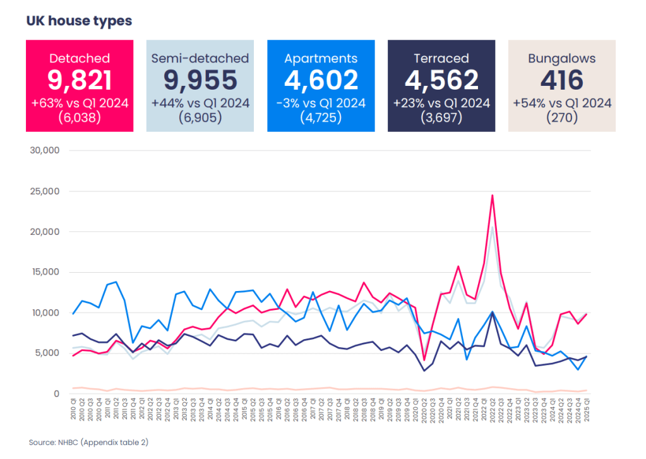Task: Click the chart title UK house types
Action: (79, 21)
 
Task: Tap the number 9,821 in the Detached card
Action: (80, 80)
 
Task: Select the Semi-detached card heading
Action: (200, 58)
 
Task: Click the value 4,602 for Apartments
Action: (321, 80)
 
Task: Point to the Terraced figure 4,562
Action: (441, 80)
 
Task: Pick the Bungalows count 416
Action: (562, 80)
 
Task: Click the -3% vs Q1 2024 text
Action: (321, 103)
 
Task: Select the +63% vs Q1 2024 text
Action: (80, 103)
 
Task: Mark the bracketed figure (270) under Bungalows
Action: (562, 117)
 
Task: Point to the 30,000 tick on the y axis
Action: (45, 150)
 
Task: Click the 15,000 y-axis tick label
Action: (45, 272)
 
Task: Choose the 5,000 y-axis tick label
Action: (47, 353)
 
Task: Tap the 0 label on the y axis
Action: (56, 393)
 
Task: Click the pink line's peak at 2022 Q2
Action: (492, 195)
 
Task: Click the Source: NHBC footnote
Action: (88, 443)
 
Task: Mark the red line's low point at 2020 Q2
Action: (424, 361)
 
